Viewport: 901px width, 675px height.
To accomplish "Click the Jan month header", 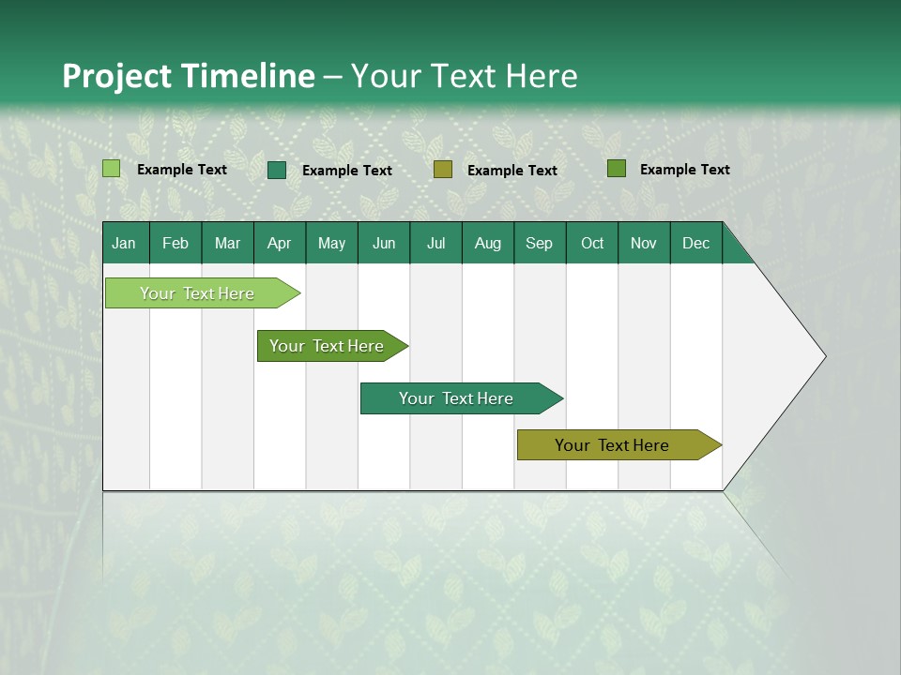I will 124,244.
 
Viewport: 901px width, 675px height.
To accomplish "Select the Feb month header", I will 176,244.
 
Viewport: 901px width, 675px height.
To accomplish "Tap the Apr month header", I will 279,244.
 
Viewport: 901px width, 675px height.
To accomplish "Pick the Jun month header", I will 384,244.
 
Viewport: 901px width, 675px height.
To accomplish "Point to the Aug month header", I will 487,244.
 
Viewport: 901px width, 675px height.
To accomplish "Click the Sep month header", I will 539,244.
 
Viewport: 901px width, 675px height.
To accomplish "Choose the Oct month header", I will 592,244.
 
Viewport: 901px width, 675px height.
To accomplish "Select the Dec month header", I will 695,244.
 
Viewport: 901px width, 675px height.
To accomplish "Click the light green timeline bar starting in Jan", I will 198,293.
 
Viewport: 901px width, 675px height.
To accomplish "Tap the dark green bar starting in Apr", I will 328,346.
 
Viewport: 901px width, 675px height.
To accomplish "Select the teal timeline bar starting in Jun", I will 457,398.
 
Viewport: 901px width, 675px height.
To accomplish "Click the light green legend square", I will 112,169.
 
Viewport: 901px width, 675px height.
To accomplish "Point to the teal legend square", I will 277,170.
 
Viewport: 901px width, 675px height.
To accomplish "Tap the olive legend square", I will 443,170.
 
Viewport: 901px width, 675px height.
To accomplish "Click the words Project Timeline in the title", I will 188,76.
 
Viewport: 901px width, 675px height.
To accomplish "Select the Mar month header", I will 227,244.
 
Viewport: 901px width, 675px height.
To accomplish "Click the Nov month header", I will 644,244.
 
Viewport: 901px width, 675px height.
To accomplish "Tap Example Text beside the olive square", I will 512,171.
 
